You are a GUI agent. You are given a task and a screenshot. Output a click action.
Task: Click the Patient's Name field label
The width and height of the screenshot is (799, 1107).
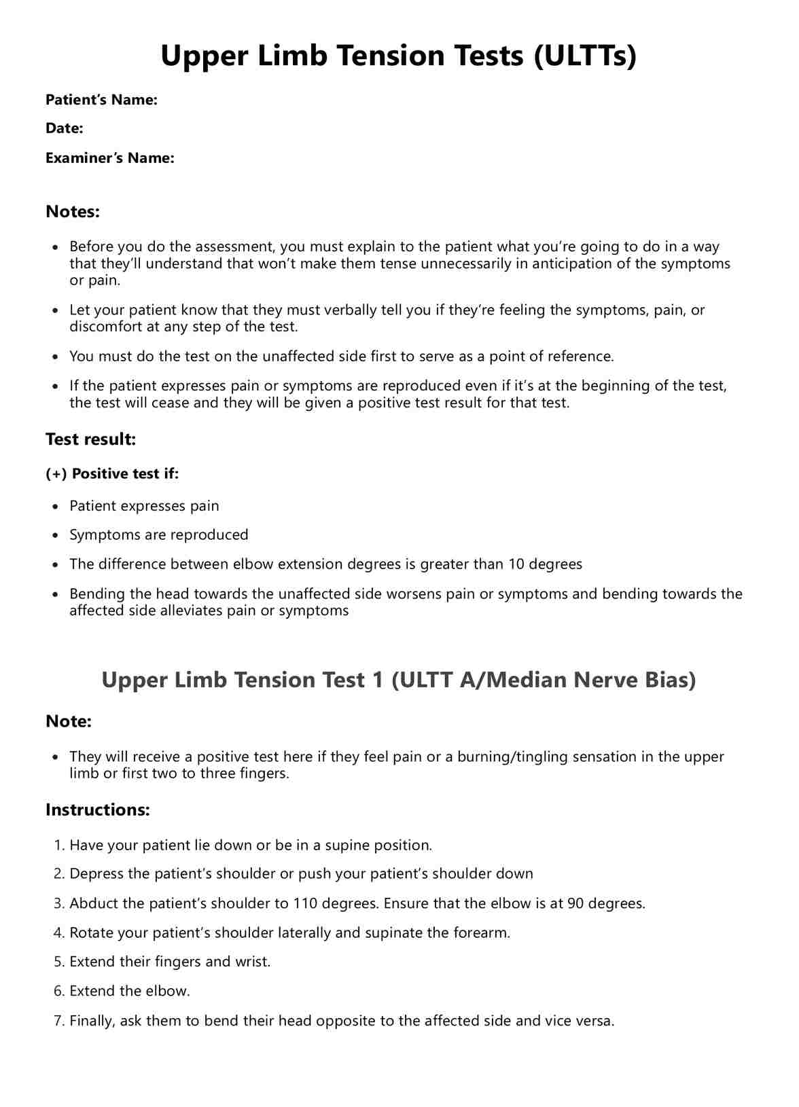tap(101, 100)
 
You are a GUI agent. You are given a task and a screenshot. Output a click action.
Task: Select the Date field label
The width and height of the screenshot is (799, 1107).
tap(64, 128)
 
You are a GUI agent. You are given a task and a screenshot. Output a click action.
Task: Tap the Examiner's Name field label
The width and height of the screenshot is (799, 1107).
tap(109, 158)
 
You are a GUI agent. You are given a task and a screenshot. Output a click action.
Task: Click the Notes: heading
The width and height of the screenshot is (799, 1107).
tap(73, 212)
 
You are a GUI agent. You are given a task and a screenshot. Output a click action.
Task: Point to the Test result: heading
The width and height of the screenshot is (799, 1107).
tap(90, 439)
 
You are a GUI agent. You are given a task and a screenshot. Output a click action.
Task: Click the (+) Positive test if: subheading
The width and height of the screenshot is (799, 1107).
tap(112, 474)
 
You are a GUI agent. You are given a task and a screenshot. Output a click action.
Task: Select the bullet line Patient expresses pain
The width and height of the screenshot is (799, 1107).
tap(144, 506)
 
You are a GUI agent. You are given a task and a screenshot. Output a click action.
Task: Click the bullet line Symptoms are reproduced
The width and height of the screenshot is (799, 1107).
tap(158, 535)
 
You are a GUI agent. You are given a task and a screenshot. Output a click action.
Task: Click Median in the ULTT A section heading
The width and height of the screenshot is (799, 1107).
tap(527, 680)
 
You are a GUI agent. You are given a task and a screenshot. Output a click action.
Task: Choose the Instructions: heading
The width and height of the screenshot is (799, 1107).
tap(97, 810)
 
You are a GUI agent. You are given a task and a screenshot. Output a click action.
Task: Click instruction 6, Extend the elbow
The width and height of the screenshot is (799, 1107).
tap(129, 992)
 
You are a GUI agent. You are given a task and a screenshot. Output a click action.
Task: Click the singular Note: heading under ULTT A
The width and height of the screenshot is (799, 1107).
tap(68, 721)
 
